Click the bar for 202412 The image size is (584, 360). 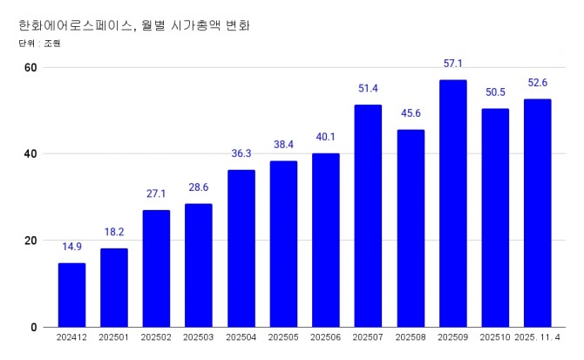(71, 295)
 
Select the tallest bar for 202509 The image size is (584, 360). (452, 203)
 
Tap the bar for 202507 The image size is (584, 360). (368, 215)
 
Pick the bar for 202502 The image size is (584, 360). (156, 268)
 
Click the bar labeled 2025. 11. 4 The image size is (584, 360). (537, 213)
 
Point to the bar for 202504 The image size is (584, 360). (241, 248)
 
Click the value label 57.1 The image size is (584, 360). (452, 65)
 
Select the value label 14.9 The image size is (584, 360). (71, 248)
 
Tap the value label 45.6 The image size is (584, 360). (411, 114)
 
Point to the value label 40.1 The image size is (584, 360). (325, 138)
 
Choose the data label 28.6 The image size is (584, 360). (199, 188)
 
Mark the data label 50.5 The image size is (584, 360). (495, 92)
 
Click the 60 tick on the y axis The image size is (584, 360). (31, 68)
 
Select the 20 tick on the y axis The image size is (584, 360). (31, 241)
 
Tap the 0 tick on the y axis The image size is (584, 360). (33, 327)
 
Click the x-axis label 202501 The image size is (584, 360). (114, 337)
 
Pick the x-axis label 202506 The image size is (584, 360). (325, 337)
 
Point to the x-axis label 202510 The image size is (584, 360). (495, 337)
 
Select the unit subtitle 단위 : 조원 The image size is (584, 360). (38, 43)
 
